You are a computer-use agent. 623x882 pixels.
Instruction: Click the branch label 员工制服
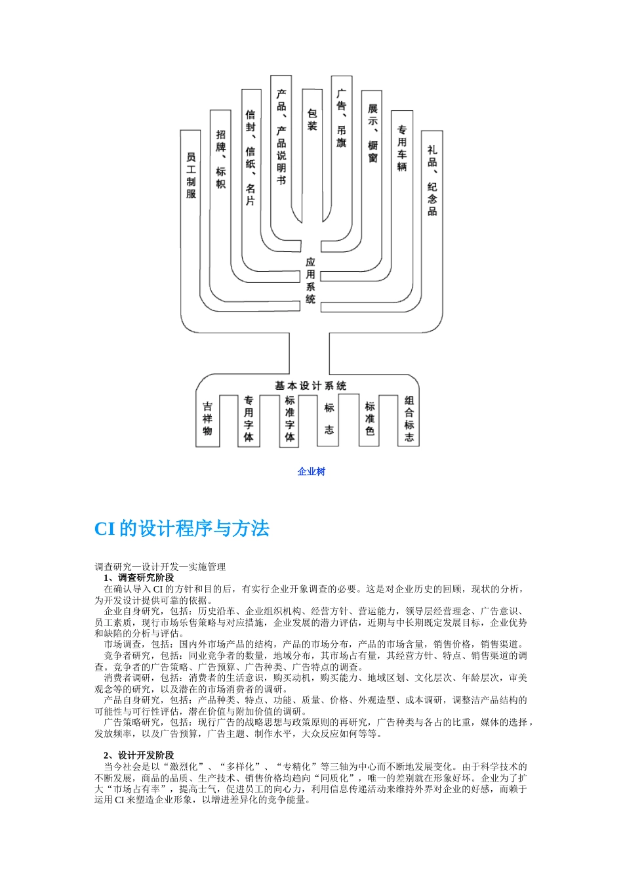point(191,175)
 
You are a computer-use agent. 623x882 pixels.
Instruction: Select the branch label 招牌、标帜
point(221,159)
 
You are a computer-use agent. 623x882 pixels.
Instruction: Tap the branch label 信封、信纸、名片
point(250,157)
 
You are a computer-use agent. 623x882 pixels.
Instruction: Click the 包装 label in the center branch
point(312,119)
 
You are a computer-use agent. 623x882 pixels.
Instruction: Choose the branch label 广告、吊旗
point(341,118)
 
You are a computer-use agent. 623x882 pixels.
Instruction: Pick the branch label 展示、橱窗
point(372,133)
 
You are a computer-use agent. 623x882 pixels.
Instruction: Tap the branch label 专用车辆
point(402,148)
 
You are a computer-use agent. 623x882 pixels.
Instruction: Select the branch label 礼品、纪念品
point(432,180)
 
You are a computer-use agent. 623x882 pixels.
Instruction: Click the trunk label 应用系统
point(311,280)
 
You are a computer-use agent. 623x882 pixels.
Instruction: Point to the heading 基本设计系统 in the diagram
point(310,385)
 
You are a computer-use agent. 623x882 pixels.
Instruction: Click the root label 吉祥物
point(207,419)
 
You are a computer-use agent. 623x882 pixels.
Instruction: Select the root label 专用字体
point(249,419)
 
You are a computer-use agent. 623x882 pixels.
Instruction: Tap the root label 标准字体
point(289,419)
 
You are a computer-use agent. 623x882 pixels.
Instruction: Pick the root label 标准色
point(370,419)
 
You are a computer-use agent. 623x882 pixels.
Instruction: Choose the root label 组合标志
point(410,419)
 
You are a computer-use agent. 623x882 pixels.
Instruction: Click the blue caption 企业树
point(311,471)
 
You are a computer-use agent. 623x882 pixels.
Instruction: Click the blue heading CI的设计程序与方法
point(182,529)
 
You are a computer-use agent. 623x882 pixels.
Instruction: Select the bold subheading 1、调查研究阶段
point(139,577)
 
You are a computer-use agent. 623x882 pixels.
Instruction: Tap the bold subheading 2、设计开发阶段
point(139,755)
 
